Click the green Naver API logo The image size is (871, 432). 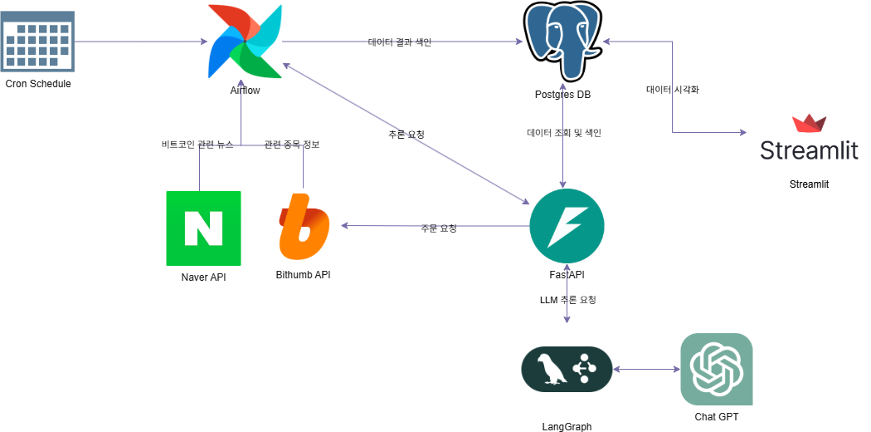click(x=203, y=228)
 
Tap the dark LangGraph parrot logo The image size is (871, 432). click(x=567, y=369)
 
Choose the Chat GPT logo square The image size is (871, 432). click(x=716, y=369)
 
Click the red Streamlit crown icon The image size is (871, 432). click(x=809, y=124)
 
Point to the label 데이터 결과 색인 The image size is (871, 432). click(x=400, y=42)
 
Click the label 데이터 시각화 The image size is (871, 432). click(x=672, y=90)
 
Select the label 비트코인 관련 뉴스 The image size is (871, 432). click(x=197, y=145)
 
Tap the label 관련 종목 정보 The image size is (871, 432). click(x=291, y=145)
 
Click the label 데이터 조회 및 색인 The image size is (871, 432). click(x=564, y=133)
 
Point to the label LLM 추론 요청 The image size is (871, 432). click(x=567, y=300)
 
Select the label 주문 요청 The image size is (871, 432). click(x=439, y=228)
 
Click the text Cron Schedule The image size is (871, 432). click(x=38, y=84)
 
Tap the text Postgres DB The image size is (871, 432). click(x=562, y=95)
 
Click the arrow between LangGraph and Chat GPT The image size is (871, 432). click(x=646, y=370)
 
